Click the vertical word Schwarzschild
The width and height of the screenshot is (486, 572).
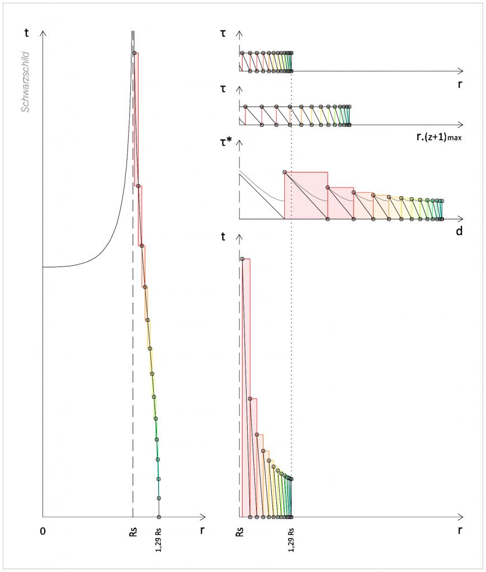point(25,83)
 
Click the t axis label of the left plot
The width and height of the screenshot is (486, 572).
point(27,33)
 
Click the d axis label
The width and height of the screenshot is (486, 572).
point(459,231)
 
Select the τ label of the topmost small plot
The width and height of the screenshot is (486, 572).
point(224,34)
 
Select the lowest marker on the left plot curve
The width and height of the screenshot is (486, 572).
point(159,517)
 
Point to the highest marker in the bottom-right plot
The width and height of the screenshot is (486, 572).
point(242,259)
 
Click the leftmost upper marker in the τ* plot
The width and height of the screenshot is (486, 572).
point(285,172)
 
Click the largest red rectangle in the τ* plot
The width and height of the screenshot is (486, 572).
point(306,196)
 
